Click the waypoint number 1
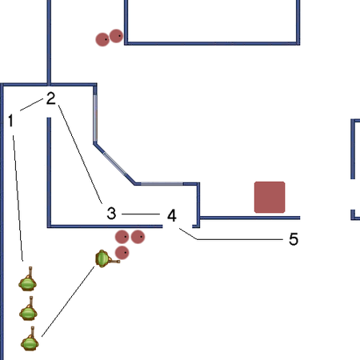10,121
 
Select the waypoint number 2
51,98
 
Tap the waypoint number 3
111,214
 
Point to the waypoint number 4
172,215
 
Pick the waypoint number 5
294,239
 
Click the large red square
270,198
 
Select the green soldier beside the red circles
106,258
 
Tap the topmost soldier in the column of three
28,280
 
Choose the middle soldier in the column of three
29,310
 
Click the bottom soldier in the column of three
30,339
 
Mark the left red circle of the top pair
102,39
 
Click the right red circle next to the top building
116,36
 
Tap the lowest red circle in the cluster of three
122,253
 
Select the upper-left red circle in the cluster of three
122,237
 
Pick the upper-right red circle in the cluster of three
138,237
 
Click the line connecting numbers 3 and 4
141,214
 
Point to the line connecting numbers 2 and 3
80,154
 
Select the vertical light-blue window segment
95,118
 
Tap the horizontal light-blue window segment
162,184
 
